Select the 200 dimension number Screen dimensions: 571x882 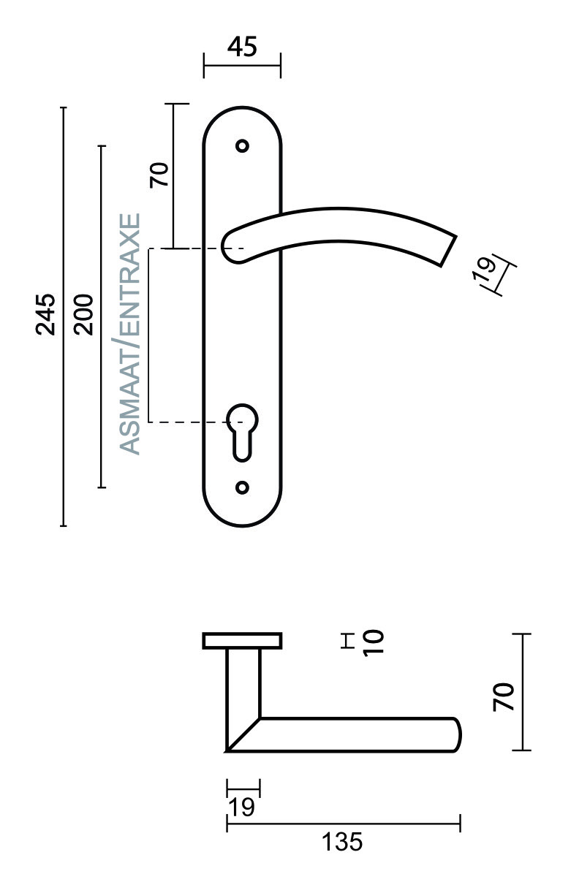click(85, 314)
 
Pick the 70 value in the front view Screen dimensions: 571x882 click(159, 175)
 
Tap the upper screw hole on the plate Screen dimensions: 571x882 click(243, 145)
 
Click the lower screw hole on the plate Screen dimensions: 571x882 click(243, 487)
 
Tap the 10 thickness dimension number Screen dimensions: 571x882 click(373, 642)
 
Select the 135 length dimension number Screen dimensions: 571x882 click(342, 842)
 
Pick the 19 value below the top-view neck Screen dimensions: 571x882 click(242, 807)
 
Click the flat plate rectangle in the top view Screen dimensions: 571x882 click(242, 641)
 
